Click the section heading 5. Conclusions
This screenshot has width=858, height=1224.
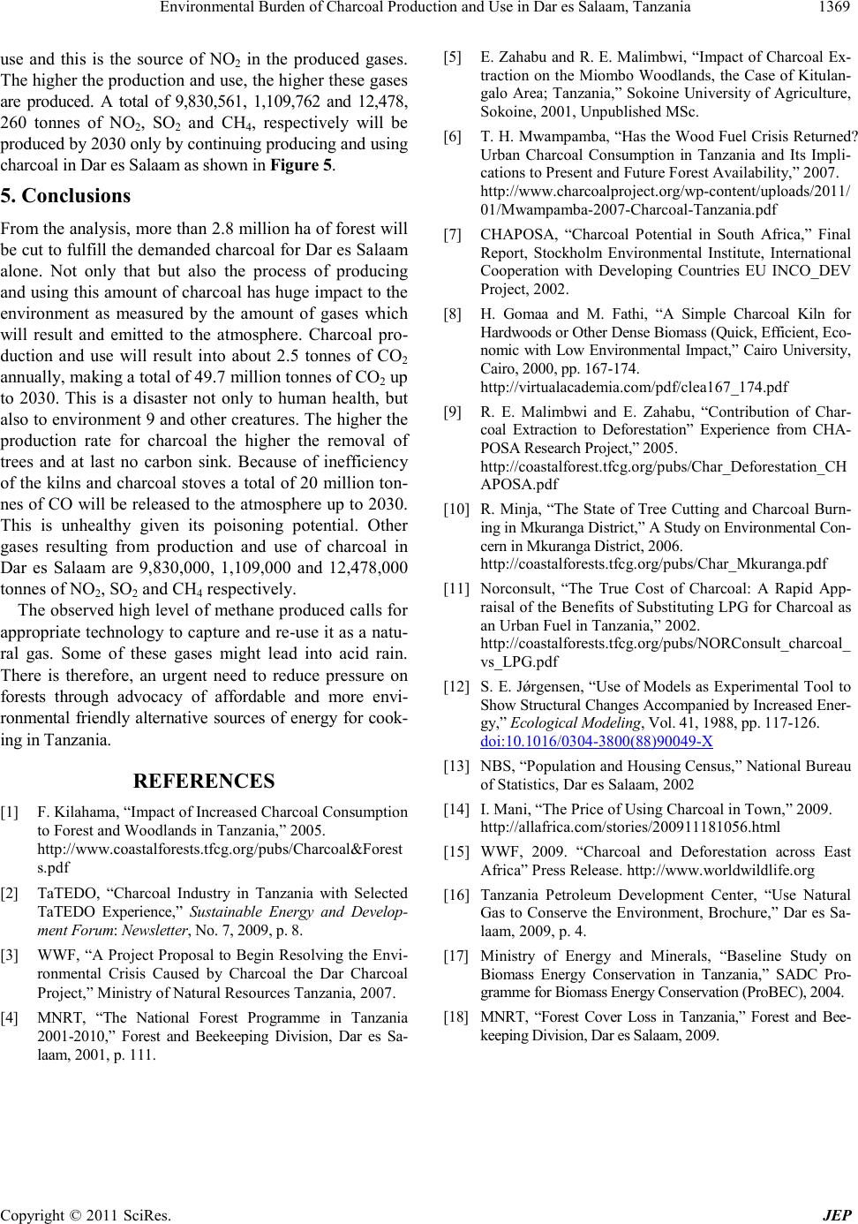[x=65, y=195]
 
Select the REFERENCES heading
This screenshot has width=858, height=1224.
[x=203, y=781]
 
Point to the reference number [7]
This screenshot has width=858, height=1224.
[x=456, y=235]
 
